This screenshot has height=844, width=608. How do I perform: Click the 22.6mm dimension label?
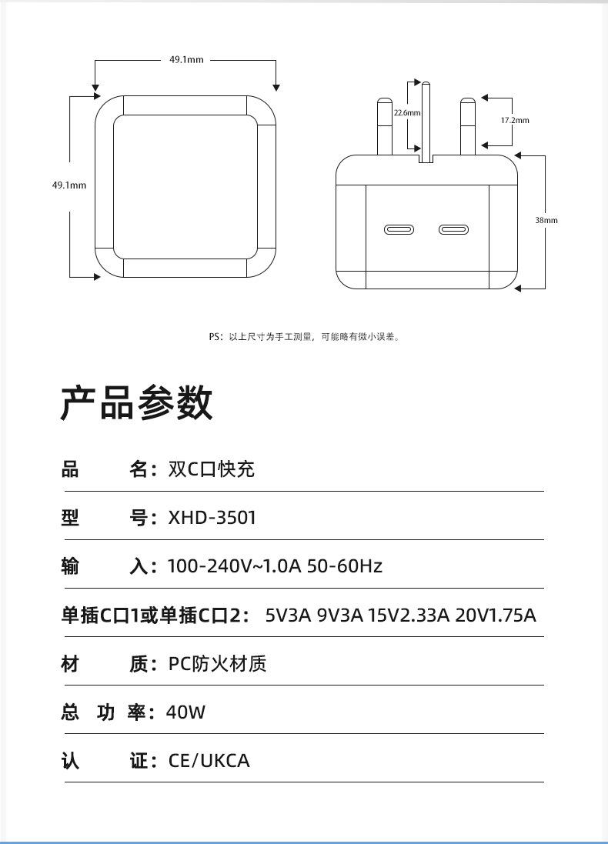[407, 113]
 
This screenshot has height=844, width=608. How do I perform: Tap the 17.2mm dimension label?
[515, 121]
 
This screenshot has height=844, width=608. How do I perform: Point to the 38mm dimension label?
[546, 221]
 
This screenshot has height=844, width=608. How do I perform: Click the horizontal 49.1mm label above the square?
[186, 60]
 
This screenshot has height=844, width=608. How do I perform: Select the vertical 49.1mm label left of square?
[69, 185]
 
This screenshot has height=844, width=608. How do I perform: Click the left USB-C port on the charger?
[399, 230]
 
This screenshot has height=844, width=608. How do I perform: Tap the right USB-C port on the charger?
[453, 230]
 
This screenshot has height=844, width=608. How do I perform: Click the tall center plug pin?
[426, 123]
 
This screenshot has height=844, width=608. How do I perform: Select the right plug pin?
[466, 127]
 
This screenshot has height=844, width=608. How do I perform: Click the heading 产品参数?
[137, 403]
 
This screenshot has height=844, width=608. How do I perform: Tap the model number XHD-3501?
[212, 518]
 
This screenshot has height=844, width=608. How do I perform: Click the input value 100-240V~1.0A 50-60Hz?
[275, 566]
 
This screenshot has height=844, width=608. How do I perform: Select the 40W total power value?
[186, 712]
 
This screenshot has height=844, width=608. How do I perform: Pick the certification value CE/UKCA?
[209, 761]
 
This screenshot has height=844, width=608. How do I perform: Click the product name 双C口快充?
[211, 469]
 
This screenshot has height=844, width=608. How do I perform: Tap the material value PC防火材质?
[217, 664]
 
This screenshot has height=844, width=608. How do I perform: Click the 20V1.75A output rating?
[496, 615]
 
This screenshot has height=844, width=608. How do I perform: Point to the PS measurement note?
[304, 336]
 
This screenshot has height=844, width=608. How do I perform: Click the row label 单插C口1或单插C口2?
[155, 615]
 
